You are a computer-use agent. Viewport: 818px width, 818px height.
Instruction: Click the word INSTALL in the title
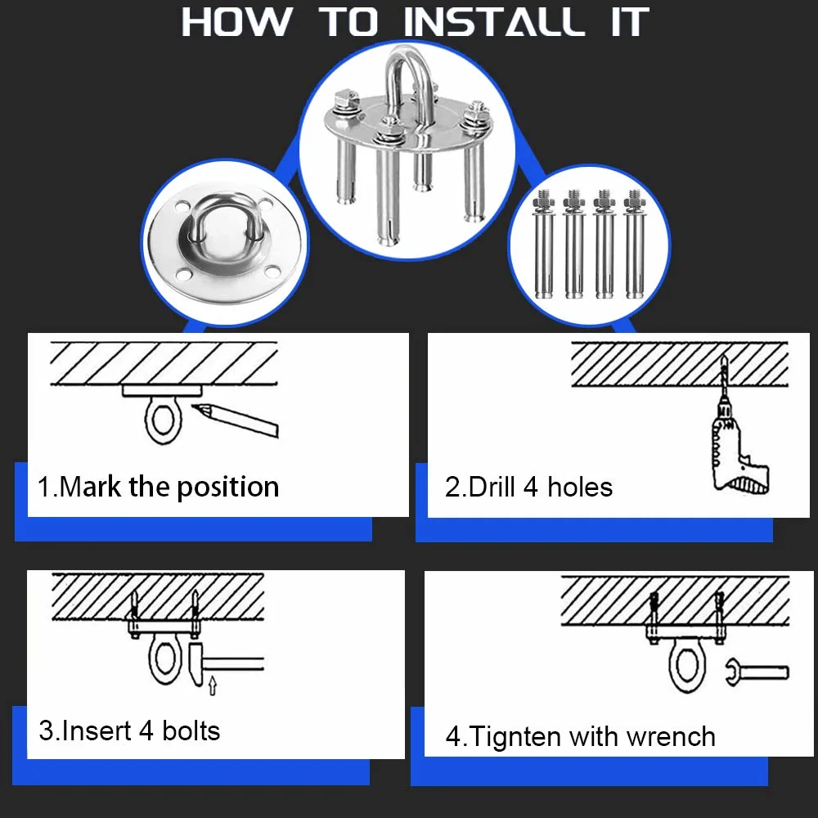(495, 22)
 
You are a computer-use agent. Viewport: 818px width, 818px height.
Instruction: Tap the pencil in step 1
(236, 420)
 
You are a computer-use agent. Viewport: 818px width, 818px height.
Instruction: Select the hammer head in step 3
(196, 663)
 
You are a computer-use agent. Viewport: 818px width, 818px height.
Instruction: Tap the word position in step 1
(228, 488)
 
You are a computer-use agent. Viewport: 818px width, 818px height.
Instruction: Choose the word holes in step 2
(580, 487)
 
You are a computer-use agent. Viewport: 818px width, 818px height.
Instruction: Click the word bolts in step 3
(191, 730)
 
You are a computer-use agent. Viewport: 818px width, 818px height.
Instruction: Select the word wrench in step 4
(671, 737)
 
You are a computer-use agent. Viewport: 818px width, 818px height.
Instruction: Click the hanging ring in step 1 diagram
(164, 420)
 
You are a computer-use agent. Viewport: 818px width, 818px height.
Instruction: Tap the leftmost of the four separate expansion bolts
(544, 244)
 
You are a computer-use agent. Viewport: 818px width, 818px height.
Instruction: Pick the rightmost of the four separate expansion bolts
(635, 244)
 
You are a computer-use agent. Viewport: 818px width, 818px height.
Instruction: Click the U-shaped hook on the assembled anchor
(408, 88)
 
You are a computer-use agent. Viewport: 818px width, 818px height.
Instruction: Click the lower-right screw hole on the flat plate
(272, 272)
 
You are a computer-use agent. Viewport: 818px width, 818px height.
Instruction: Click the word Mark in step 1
(90, 487)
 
